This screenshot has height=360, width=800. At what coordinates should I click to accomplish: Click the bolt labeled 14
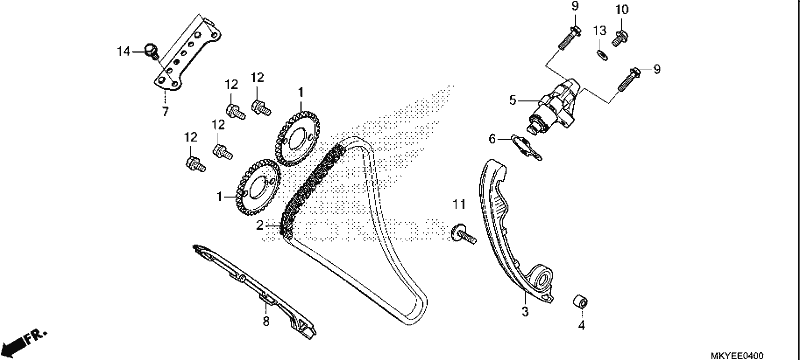point(152,51)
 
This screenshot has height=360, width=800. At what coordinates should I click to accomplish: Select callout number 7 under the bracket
point(165,112)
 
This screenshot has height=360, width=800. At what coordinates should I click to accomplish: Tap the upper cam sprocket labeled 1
point(297,139)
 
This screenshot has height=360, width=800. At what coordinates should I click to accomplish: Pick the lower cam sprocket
point(258,187)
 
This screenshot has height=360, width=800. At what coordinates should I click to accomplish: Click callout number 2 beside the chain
point(260,225)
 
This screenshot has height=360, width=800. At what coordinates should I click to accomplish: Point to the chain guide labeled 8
point(254,291)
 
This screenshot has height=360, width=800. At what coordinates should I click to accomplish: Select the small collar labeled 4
point(580,301)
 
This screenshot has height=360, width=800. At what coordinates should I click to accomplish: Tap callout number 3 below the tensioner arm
point(525,312)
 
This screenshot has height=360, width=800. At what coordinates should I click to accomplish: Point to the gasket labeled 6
point(527,147)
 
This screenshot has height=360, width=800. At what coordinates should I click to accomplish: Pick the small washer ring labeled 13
point(602,54)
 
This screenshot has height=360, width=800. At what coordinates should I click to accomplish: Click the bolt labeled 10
point(620,38)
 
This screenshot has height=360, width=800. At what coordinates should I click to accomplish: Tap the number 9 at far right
point(657,69)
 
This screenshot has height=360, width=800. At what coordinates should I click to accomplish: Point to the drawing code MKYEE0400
point(737,355)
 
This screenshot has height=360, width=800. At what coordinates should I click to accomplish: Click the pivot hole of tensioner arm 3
point(542,279)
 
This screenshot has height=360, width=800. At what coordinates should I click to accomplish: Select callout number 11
point(459,205)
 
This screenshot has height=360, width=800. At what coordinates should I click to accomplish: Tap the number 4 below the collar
point(581,325)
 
